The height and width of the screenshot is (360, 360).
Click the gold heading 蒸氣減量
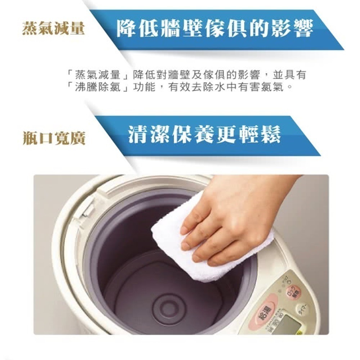(x=53, y=28)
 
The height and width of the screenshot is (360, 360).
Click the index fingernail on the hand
(x=185, y=230)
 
